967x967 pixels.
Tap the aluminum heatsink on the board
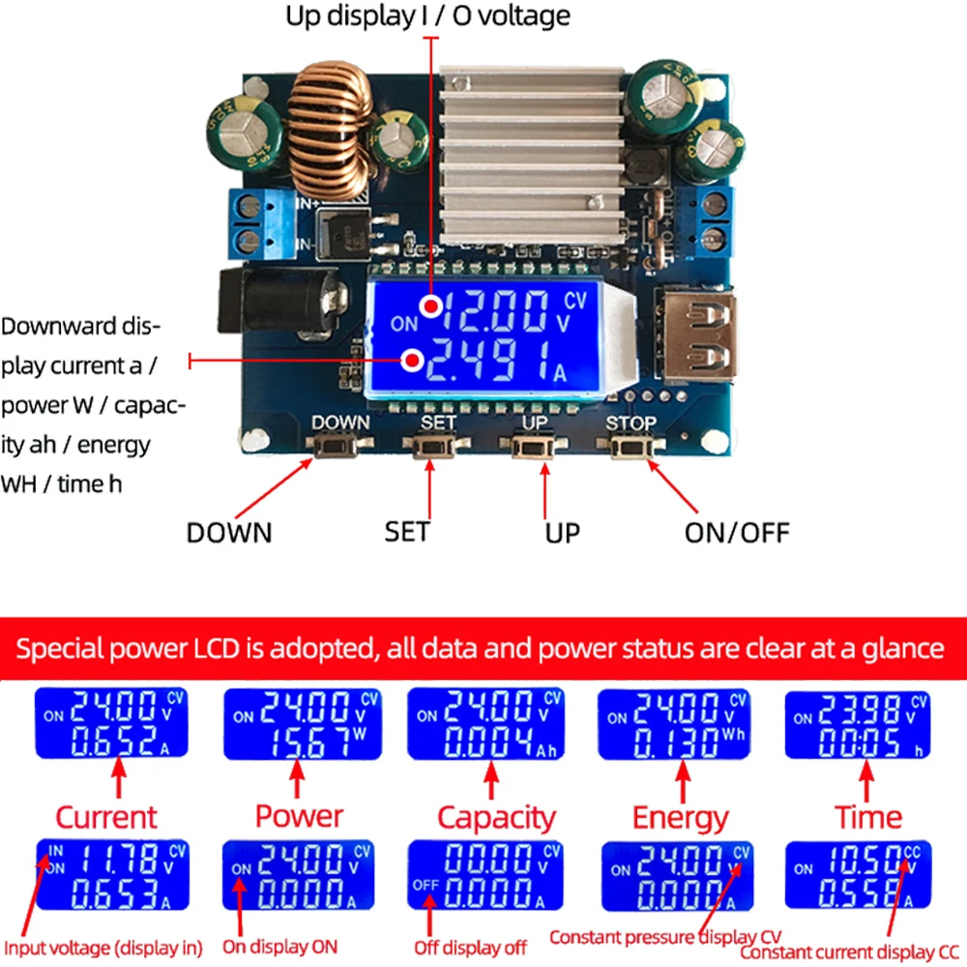(x=531, y=155)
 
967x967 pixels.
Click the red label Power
(x=299, y=815)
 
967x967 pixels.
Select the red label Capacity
(x=496, y=817)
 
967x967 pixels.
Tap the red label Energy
(x=680, y=817)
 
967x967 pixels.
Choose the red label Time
(x=868, y=817)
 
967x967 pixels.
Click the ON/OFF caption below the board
(x=737, y=532)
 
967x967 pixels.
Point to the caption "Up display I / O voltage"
(x=427, y=15)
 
